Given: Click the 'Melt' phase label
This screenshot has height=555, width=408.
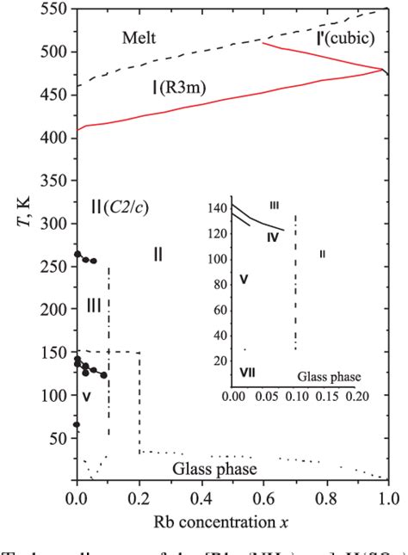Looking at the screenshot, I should (141, 37).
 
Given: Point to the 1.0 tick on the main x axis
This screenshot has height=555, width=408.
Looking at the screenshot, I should (388, 497).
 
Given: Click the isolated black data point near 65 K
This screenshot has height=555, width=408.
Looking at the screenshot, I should (77, 424).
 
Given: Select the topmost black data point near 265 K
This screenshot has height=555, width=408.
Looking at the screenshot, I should (77, 254).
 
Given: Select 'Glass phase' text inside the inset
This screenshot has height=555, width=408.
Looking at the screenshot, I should (329, 376).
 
